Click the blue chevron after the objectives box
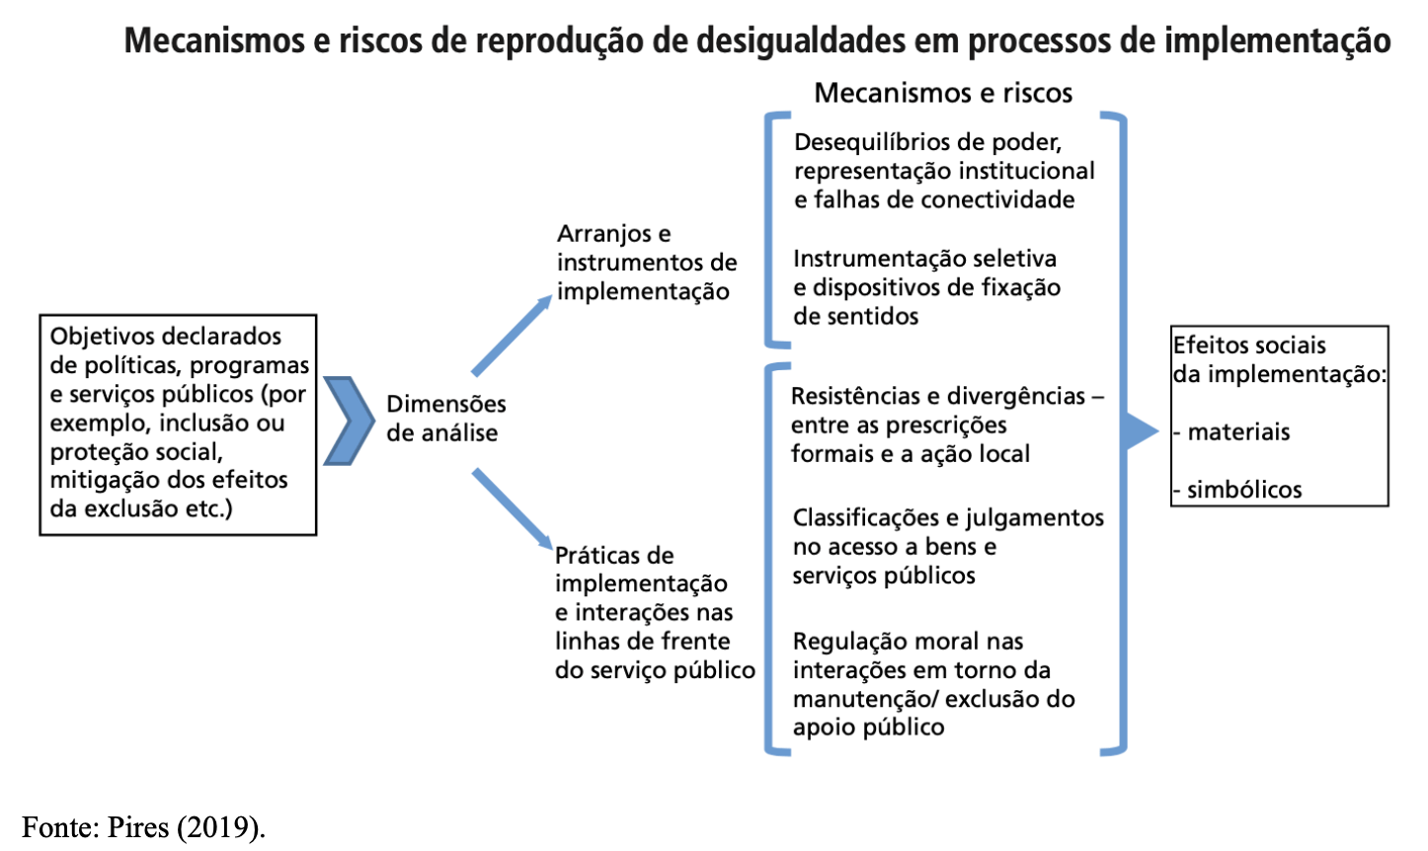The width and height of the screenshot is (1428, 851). [349, 421]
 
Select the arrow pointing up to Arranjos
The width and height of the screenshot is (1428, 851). [512, 336]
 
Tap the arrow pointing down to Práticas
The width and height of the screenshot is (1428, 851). [512, 507]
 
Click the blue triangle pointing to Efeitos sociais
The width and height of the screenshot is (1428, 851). [1141, 431]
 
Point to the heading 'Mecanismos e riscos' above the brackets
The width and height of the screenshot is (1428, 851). [943, 93]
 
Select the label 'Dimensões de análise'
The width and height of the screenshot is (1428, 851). [445, 419]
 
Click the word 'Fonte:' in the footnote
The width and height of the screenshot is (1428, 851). [57, 827]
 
